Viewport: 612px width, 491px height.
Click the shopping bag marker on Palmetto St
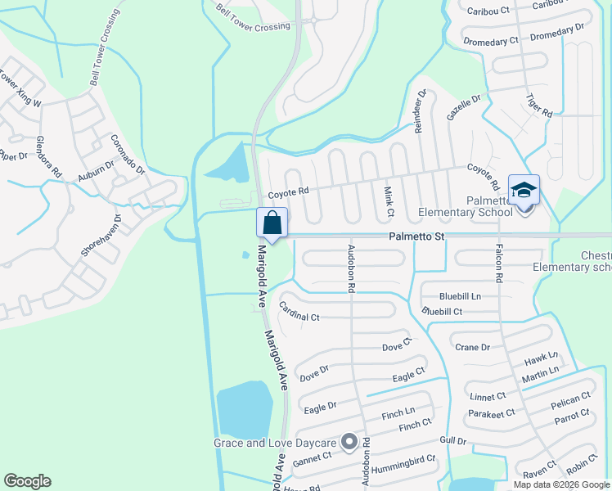(x=272, y=223)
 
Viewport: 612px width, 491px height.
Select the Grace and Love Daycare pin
(x=349, y=443)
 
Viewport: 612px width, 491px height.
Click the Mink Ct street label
(x=389, y=201)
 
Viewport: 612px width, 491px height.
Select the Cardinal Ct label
(x=299, y=311)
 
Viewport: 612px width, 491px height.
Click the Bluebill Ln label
(x=460, y=295)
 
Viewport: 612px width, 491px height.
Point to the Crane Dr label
(x=472, y=347)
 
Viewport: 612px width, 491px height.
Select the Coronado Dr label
(x=127, y=155)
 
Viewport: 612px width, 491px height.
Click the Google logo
(x=27, y=481)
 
